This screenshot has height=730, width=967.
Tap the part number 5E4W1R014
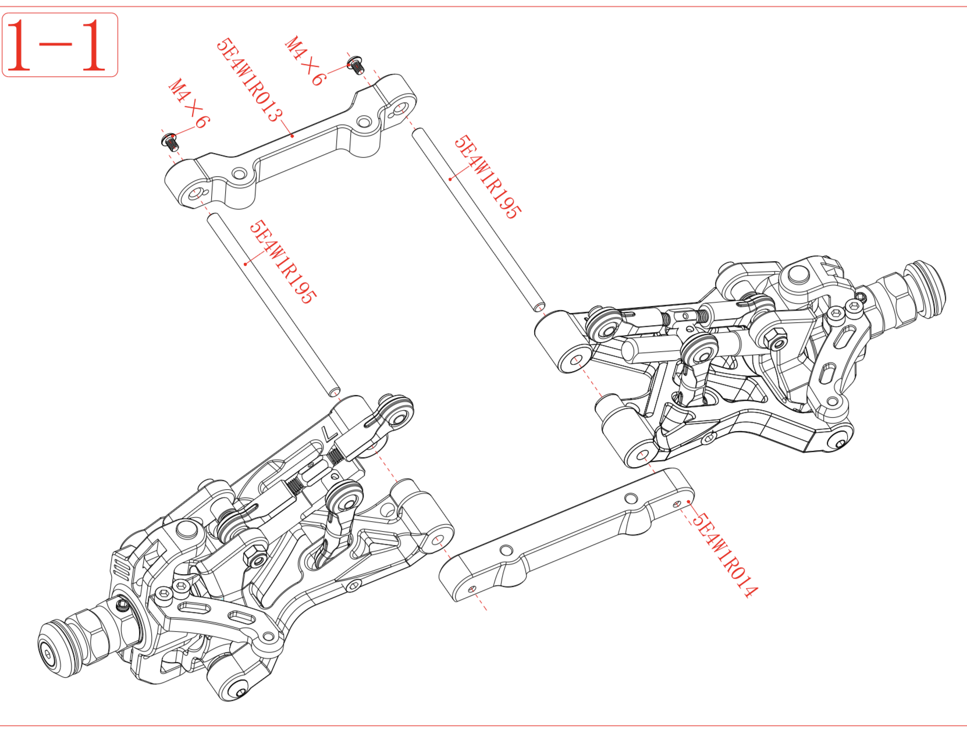pos(725,555)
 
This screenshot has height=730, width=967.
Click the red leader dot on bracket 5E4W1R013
pos(292,136)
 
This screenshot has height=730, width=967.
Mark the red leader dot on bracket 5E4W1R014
pos(689,501)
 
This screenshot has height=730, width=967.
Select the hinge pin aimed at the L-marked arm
pos(273,303)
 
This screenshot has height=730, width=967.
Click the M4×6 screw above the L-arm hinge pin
pos(170,141)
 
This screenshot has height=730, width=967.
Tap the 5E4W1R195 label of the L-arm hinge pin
pos(283,262)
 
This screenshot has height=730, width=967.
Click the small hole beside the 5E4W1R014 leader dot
pos(677,504)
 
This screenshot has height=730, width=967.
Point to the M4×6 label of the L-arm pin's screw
pos(189,103)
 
